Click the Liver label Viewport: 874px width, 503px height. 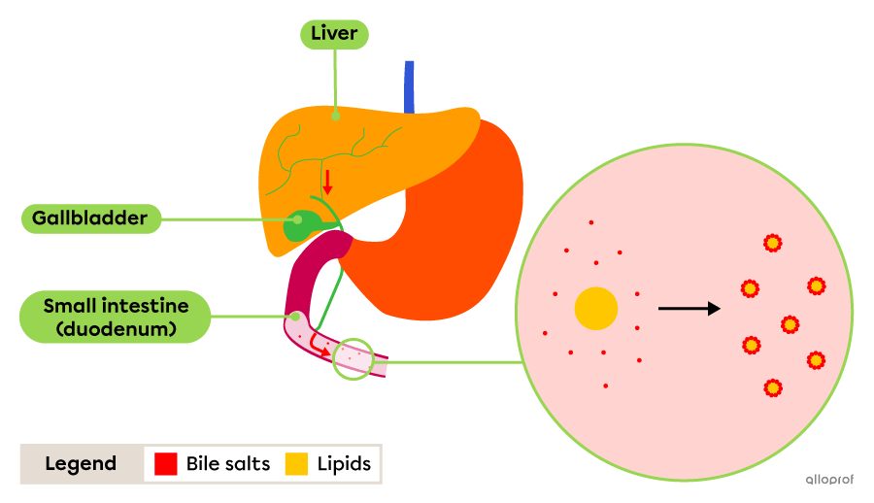point(334,35)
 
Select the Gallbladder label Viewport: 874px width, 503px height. point(89,218)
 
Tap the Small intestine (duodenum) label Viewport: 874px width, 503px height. point(116,317)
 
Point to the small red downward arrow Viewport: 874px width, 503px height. point(327,182)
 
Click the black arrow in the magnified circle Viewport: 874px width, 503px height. point(689,309)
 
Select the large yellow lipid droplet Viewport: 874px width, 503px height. point(595,309)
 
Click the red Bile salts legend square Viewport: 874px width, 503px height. point(165,464)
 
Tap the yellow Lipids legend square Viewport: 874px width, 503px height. point(296,464)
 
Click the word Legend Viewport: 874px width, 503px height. point(81,464)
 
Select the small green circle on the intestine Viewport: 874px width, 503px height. point(353,359)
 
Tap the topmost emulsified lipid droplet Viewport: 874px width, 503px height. point(772,243)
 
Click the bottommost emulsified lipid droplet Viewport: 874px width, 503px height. point(772,388)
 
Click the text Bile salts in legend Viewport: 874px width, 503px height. point(229,464)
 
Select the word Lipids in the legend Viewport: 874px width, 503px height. point(344,464)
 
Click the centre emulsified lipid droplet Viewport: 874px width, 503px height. point(790,324)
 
